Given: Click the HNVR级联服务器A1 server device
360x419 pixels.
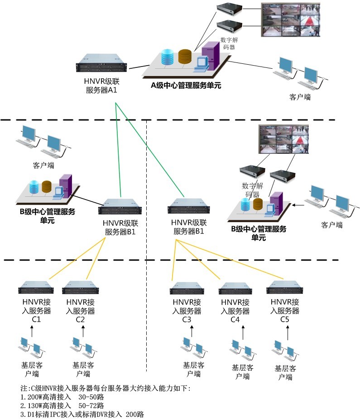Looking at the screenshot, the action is tap(101, 63).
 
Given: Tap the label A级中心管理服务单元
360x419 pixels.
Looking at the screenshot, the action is tap(186, 86).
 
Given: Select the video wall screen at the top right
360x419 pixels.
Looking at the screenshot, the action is tap(290, 20).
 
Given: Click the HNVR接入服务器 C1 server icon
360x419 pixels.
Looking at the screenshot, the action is tap(36, 287).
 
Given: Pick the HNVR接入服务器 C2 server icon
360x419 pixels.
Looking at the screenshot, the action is tap(80, 287).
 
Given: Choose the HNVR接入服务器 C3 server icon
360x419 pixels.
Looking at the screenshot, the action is tap(187, 288).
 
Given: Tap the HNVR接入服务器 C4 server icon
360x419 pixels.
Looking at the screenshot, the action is tap(235, 288).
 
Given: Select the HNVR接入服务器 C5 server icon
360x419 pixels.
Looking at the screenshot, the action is tap(284, 287).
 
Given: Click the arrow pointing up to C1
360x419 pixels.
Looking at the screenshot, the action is tap(32, 331).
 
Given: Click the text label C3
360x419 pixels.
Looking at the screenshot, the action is tap(187, 319).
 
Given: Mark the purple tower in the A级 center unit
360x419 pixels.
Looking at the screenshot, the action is tap(211, 56).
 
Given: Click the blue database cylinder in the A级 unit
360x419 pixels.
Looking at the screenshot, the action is tap(168, 57).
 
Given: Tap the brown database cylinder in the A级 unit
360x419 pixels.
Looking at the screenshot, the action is tap(185, 57).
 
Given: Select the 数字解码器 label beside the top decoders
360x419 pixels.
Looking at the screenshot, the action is tap(229, 43).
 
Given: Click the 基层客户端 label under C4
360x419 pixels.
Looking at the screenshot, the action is tap(242, 372).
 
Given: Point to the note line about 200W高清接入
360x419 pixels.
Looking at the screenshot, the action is tap(62, 397).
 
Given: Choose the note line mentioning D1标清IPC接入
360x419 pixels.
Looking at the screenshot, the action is tap(82, 414).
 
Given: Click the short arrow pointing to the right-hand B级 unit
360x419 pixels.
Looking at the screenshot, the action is tap(298, 205).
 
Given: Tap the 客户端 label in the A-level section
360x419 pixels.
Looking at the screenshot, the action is tap(300, 97).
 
